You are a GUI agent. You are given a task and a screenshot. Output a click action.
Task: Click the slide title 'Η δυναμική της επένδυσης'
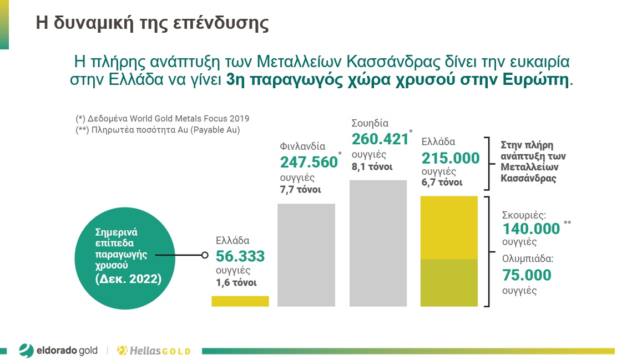click(152, 23)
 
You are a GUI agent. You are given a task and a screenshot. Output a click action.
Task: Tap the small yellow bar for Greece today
click(240, 301)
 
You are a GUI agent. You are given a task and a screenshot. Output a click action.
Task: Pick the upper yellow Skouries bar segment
click(449, 227)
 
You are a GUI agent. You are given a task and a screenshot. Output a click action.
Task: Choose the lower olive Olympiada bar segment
click(449, 282)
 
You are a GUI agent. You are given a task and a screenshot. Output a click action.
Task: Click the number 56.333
click(240, 256)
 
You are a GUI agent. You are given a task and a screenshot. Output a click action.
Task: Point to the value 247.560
click(309, 162)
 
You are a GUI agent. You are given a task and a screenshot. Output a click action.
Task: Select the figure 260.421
click(380, 139)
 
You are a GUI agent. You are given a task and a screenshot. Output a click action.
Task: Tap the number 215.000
click(451, 158)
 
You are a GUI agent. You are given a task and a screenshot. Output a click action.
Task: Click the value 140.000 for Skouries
click(531, 229)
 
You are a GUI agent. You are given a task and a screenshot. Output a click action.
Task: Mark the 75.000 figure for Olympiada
click(527, 275)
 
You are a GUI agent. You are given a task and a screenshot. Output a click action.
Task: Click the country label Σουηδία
click(370, 123)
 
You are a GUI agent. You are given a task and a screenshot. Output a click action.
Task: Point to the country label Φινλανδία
click(302, 146)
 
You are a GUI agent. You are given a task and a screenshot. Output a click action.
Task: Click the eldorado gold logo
click(58, 350)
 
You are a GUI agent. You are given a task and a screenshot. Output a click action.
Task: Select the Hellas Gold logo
click(154, 351)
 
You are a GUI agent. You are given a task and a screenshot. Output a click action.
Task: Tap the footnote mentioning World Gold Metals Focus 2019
click(163, 118)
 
